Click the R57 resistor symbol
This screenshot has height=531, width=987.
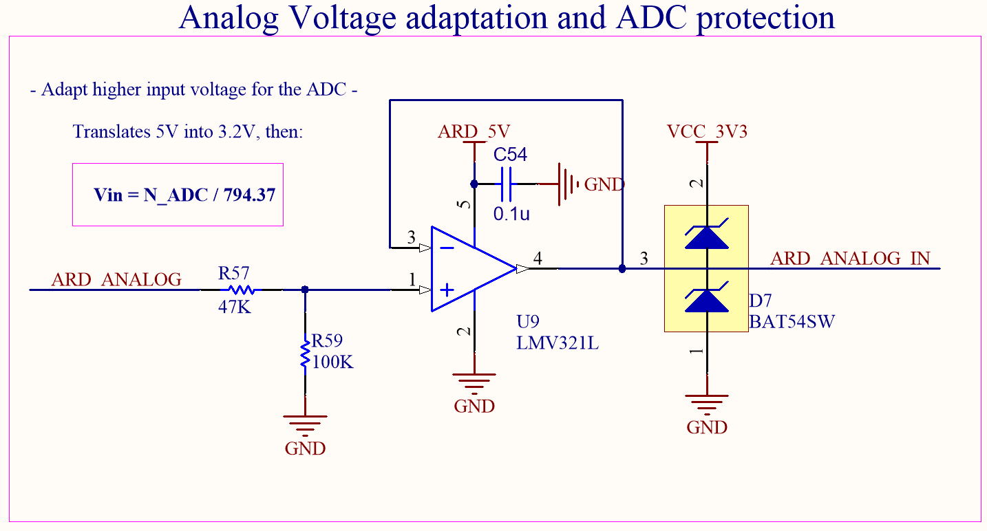pos(241,290)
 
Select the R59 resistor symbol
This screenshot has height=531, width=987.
pos(305,354)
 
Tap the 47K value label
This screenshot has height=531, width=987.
pos(235,307)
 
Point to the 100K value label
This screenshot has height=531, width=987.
pos(333,362)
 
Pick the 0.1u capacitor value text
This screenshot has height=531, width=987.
pos(511,214)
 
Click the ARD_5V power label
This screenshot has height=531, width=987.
pos(474,132)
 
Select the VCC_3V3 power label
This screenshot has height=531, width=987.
pos(707,132)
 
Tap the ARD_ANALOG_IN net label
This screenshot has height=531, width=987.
pos(850,259)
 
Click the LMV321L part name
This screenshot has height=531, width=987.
pos(558,343)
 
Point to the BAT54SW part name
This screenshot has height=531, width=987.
pos(792,321)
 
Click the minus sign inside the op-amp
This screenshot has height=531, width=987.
pos(447,247)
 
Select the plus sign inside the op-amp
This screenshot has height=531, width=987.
pos(447,290)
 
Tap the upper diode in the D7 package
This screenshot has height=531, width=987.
pos(706,236)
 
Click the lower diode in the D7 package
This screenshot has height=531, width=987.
pos(706,300)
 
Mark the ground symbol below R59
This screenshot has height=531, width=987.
pos(305,421)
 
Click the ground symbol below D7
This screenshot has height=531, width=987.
pos(707,401)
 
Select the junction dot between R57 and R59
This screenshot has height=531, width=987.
pos(305,290)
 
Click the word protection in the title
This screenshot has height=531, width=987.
pos(766,17)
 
